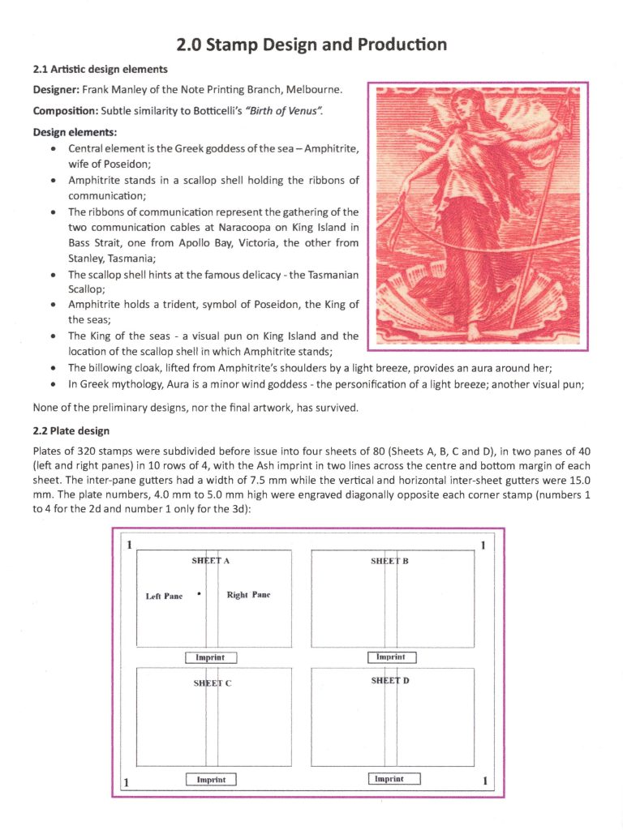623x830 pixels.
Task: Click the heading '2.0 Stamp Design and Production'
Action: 311,44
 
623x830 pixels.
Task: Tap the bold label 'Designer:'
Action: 56,88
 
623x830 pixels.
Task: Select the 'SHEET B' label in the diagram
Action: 389,561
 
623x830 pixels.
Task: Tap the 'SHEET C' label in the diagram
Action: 212,683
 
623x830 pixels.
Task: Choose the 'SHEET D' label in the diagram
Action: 390,681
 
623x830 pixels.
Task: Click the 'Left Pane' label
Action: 164,597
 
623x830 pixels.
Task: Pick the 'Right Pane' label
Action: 248,595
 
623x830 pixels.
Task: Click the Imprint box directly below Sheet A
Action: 211,657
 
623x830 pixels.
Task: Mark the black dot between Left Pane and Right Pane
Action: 199,593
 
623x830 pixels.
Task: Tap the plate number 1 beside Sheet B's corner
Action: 483,545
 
